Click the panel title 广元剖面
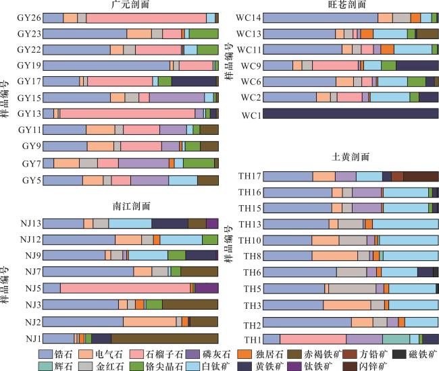[130, 5]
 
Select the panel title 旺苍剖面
[350, 5]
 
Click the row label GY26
[29, 18]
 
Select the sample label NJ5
[32, 288]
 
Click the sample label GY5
[31, 180]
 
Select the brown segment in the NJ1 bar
[164, 338]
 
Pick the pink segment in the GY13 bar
[128, 113]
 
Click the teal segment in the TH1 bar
[396, 339]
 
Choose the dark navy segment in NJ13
[170, 223]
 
